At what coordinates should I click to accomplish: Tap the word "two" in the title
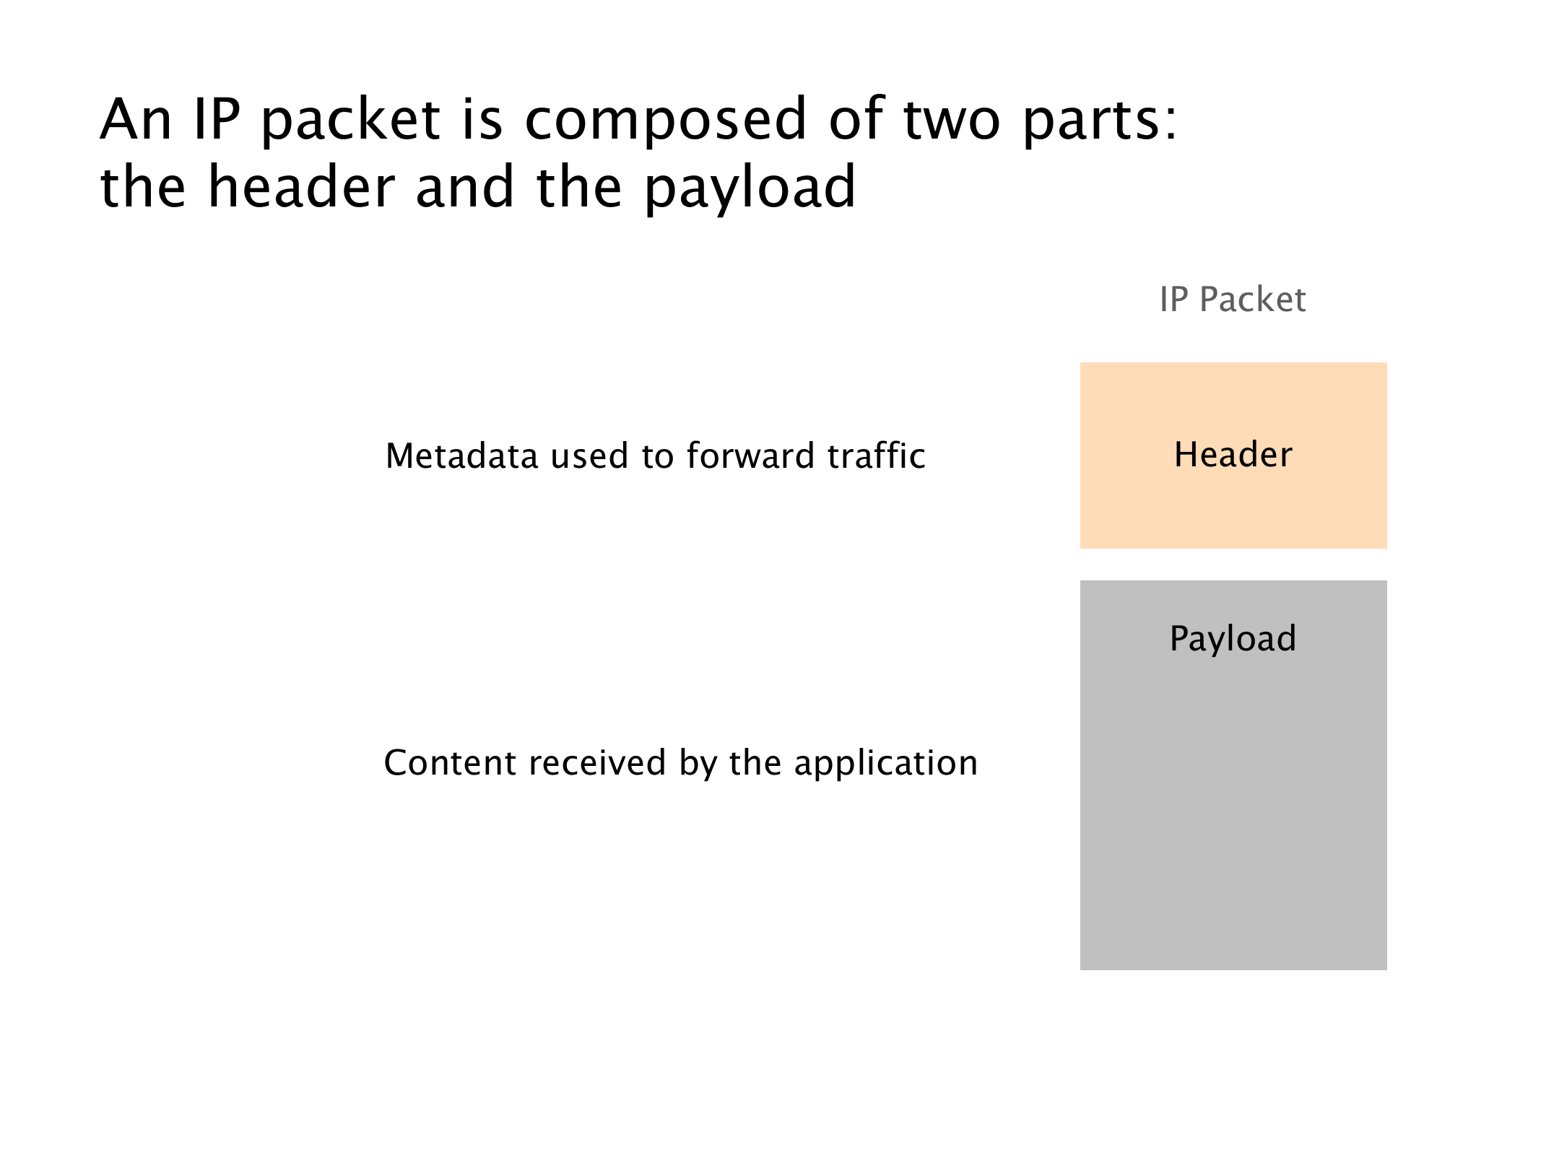coord(952,120)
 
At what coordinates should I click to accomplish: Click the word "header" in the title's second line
coord(302,186)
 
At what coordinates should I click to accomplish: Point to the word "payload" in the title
coord(750,188)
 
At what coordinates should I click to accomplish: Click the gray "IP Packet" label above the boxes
coord(1233,300)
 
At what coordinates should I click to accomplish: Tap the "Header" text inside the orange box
coord(1233,455)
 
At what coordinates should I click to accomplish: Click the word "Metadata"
coord(462,456)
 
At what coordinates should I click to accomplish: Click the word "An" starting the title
coord(136,120)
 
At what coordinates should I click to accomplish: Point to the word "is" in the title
coord(482,120)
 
